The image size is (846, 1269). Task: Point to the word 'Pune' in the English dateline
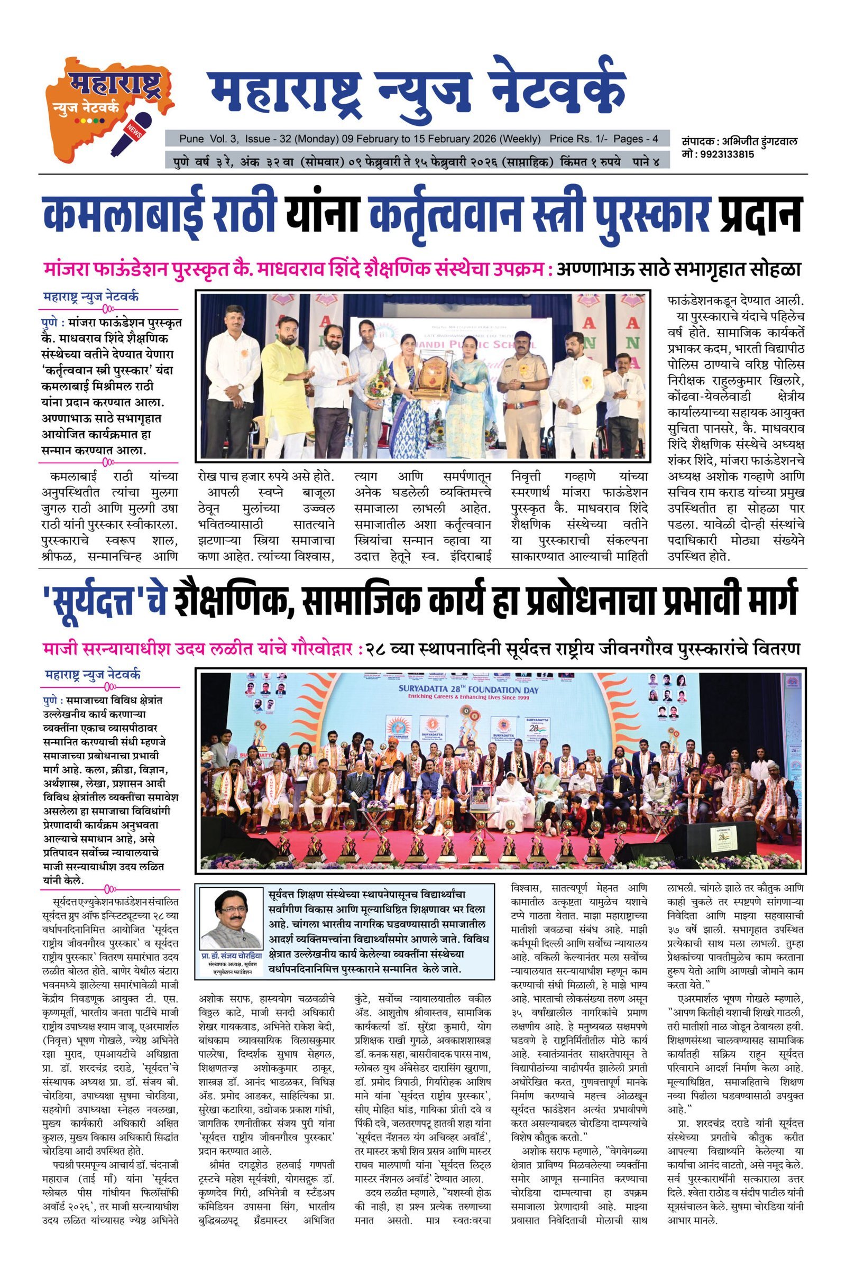(192, 139)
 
